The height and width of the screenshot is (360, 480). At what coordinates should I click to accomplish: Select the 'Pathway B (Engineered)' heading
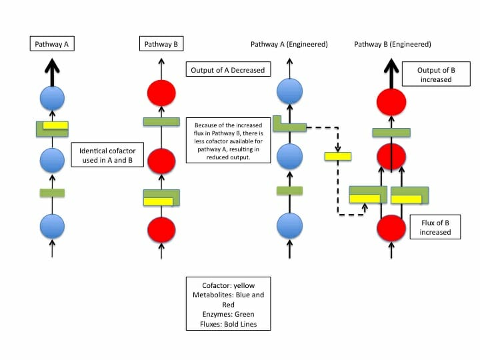point(393,44)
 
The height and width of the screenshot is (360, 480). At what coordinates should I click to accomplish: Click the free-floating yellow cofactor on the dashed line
point(337,156)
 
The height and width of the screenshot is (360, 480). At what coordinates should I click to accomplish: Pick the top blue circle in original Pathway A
point(52,99)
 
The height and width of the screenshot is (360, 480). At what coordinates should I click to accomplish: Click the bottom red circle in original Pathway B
point(161,228)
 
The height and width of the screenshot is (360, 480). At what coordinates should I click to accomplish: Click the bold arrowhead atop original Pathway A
point(52,67)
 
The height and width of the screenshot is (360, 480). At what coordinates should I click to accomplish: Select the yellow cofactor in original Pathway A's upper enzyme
point(55,125)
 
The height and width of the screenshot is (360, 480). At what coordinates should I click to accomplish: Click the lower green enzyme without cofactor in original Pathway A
point(52,193)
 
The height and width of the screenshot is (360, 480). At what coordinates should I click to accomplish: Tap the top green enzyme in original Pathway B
point(161,122)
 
